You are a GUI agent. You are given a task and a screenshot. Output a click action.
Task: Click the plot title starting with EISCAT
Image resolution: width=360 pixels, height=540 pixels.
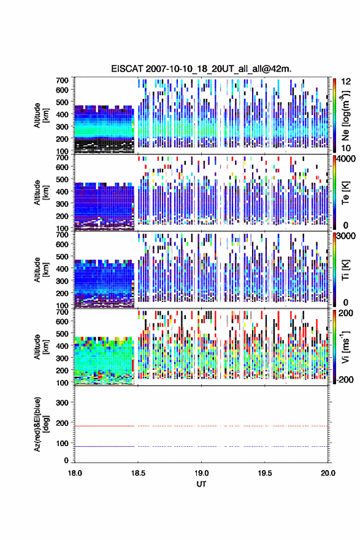[201, 69]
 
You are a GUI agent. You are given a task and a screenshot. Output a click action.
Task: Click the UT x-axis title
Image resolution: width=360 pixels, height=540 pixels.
[201, 484]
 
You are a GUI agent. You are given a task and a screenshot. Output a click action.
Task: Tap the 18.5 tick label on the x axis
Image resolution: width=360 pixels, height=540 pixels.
[138, 473]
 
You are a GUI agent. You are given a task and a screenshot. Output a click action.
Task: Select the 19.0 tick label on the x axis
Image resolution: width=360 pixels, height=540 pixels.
[201, 473]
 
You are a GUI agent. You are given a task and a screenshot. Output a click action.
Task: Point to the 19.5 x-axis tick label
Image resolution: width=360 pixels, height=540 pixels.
[265, 473]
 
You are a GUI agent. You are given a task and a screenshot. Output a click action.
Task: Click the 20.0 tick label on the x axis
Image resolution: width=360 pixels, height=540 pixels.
[327, 473]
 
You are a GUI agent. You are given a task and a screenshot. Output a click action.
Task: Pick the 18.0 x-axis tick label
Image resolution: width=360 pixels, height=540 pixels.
[75, 473]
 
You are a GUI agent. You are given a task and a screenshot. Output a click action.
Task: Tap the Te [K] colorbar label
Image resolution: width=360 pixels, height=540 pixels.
[345, 193]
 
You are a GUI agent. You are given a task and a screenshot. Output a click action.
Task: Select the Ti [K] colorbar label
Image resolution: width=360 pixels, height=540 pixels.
[345, 270]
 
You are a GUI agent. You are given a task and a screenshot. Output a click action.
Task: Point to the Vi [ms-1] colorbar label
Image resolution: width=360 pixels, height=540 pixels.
[345, 347]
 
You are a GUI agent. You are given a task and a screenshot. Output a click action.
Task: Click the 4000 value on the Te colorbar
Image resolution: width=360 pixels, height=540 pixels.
[347, 159]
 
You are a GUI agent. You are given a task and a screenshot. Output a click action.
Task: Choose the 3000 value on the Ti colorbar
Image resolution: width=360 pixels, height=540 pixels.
[347, 236]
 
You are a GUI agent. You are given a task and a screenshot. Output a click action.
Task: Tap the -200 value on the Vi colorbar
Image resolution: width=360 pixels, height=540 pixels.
[345, 379]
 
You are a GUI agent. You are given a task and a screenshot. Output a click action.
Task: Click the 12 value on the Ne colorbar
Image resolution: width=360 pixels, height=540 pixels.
[346, 81]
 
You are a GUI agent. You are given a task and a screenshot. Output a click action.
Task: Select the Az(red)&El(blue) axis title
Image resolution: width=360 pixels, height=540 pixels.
[41, 424]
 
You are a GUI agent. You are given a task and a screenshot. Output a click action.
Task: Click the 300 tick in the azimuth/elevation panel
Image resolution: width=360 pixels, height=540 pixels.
[62, 403]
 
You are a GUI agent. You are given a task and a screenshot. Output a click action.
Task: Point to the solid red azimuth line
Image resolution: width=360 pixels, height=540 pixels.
[104, 426]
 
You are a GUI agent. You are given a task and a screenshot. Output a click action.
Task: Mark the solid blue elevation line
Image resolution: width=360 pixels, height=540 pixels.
[104, 446]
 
